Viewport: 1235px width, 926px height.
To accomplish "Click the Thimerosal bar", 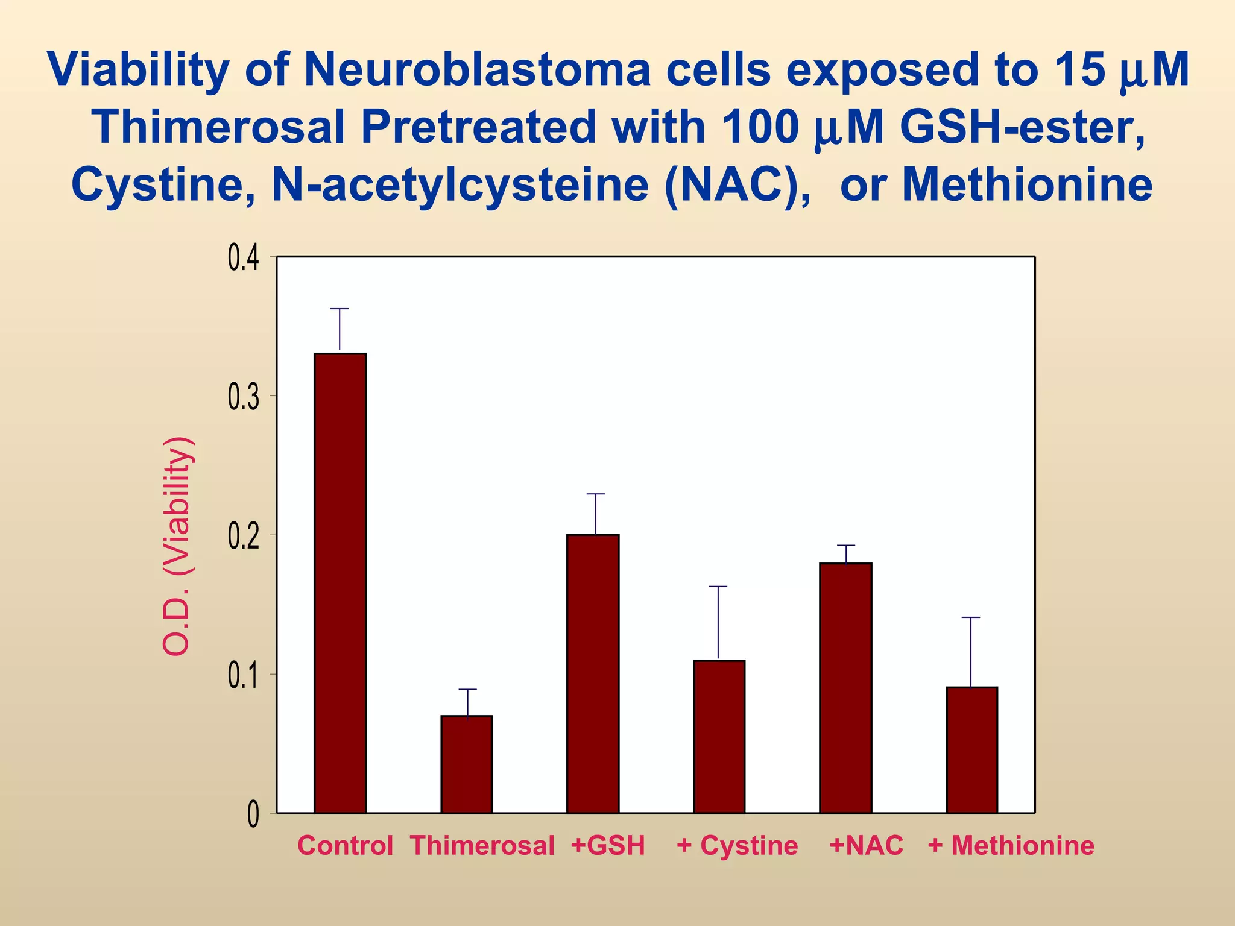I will [466, 764].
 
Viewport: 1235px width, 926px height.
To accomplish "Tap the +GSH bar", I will [592, 673].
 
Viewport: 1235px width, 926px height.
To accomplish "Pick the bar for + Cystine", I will [719, 736].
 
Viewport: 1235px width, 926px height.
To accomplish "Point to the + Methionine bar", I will [971, 749].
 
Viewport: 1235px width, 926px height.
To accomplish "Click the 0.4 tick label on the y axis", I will [243, 259].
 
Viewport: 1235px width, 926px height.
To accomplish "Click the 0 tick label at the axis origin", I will [253, 815].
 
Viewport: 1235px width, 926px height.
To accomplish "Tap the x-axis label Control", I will [345, 845].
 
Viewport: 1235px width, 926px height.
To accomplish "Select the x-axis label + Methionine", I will [1011, 845].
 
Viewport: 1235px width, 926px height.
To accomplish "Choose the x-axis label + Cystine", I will [737, 845].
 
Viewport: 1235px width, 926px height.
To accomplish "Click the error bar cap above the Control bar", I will [340, 309].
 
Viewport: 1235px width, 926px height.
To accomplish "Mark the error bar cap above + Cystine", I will [718, 586].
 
